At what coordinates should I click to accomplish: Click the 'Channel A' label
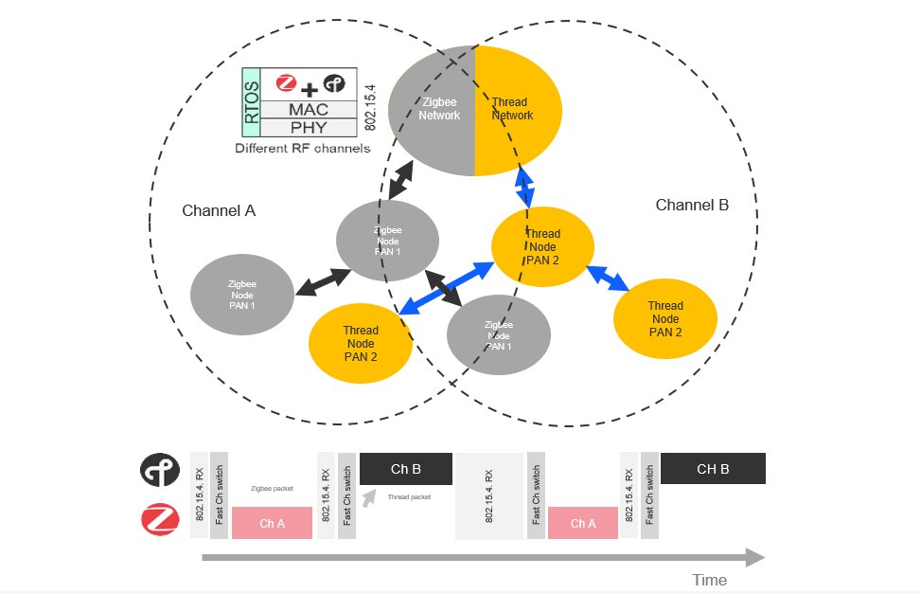pos(219,210)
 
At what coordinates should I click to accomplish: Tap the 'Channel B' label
pos(692,205)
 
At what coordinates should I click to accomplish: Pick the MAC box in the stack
pos(309,109)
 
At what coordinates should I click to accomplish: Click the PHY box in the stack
pos(309,128)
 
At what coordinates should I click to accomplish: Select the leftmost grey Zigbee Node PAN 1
pos(242,295)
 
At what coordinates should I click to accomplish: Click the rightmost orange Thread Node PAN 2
pos(664,318)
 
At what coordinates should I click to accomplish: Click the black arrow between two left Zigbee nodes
pos(322,280)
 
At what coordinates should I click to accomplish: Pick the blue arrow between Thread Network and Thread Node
pos(523,186)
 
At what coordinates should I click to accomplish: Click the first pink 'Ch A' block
pos(272,523)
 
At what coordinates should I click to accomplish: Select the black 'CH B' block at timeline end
pos(713,469)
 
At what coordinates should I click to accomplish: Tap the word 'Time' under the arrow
pos(709,580)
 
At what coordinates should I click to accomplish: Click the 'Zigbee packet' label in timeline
pos(272,489)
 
